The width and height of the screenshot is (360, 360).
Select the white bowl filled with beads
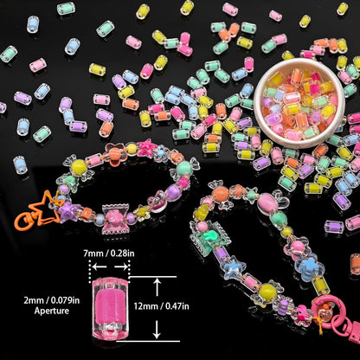click(x=299, y=103)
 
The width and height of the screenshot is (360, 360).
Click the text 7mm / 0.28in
click(x=109, y=254)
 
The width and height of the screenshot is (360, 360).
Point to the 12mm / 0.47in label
click(x=162, y=306)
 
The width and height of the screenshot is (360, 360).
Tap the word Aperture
click(x=52, y=311)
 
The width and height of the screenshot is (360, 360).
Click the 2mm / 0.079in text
click(x=52, y=300)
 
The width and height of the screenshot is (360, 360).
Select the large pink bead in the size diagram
click(x=110, y=309)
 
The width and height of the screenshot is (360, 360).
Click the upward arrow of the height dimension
click(x=157, y=287)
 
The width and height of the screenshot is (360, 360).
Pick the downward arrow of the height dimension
click(x=157, y=330)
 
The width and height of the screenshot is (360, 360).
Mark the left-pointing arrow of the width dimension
click(x=100, y=267)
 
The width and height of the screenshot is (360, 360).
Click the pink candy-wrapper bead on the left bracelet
click(x=115, y=220)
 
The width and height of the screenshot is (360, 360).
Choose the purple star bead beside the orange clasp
click(x=68, y=213)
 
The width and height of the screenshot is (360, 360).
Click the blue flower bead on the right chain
click(x=310, y=267)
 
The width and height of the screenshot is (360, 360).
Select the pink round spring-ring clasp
click(x=326, y=313)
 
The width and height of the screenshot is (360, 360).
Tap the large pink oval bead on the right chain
click(x=267, y=202)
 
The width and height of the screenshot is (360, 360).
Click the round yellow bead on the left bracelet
click(x=79, y=166)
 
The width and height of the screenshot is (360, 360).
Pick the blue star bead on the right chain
click(x=233, y=268)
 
